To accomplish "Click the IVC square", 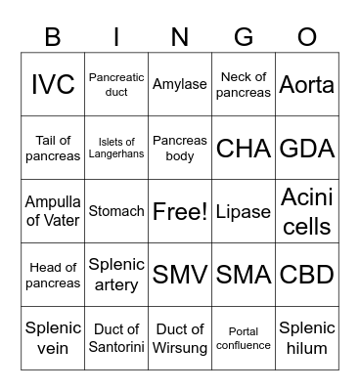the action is click(x=53, y=84).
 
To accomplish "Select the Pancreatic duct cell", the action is click(x=116, y=84).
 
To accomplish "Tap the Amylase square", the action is click(x=180, y=84).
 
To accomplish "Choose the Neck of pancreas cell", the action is click(x=244, y=84).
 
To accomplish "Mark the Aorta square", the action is click(x=307, y=84).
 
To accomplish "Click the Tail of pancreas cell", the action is click(x=53, y=148).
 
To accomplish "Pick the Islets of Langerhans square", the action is click(x=116, y=148).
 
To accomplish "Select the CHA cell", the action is click(x=244, y=148).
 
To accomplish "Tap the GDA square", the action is click(x=307, y=148).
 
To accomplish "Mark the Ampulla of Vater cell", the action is click(x=53, y=211).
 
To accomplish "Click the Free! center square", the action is click(x=180, y=211).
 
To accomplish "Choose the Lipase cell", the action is click(x=244, y=211).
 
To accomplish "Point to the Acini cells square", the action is click(x=307, y=211).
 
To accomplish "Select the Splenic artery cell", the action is click(x=116, y=275).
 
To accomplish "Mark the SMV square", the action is click(x=180, y=275).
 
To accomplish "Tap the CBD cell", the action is click(x=307, y=275).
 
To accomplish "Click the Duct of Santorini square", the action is click(x=116, y=338).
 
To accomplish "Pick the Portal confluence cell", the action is click(x=244, y=338).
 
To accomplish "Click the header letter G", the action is click(x=244, y=36).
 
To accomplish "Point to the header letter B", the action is click(x=53, y=36).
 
